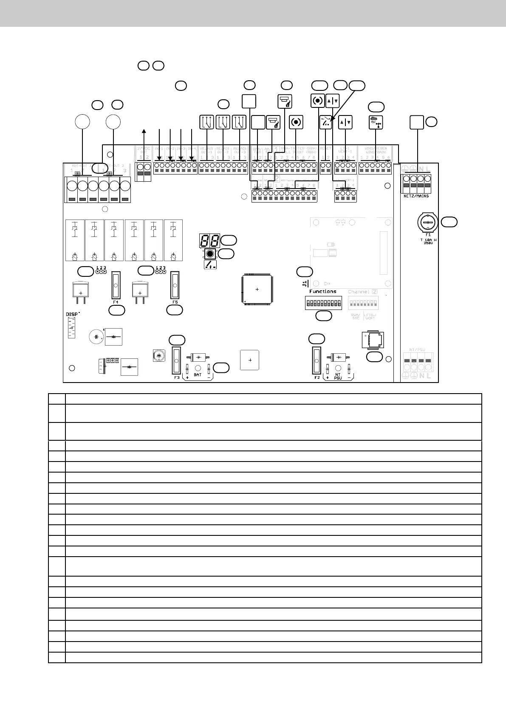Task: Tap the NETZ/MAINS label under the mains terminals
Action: (x=416, y=196)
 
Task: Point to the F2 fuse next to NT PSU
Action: (x=317, y=360)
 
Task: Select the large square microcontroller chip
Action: (x=257, y=290)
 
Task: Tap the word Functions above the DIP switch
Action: (x=323, y=291)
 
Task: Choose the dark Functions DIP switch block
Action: (x=323, y=304)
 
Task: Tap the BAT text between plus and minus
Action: (x=198, y=375)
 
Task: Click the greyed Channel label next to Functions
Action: (x=359, y=292)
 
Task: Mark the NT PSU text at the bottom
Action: (x=338, y=376)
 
